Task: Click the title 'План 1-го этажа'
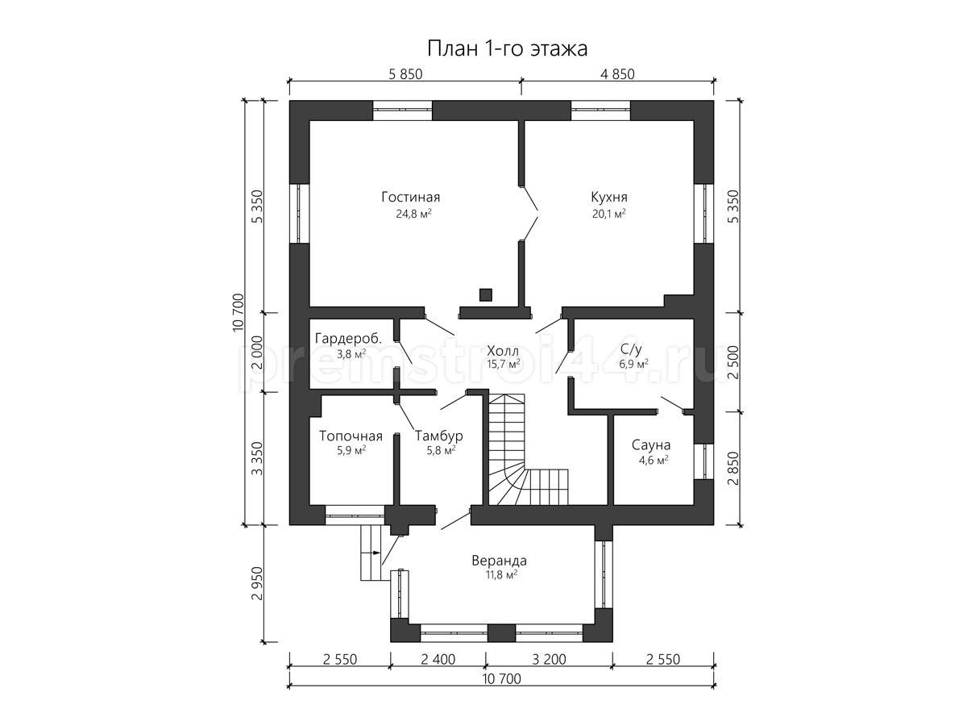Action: pos(507,49)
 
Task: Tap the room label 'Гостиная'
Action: pos(411,197)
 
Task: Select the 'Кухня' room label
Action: pos(609,198)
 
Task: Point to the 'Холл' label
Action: pos(503,352)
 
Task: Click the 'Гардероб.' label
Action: pos(348,339)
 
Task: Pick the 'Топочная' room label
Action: pos(351,436)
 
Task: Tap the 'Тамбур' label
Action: pos(439,436)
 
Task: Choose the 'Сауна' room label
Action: pos(650,445)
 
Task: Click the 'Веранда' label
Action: pos(499,561)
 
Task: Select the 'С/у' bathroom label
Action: pos(631,349)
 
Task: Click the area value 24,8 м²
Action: pos(413,215)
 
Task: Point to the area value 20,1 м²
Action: pos(609,215)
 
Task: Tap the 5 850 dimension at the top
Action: pos(405,74)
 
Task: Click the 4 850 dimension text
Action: pos(617,74)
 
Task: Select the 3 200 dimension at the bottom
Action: pos(549,660)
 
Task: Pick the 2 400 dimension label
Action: pos(438,660)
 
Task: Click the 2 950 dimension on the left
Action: pos(257,583)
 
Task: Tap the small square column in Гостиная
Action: pos(485,294)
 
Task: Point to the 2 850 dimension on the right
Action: pos(733,468)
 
